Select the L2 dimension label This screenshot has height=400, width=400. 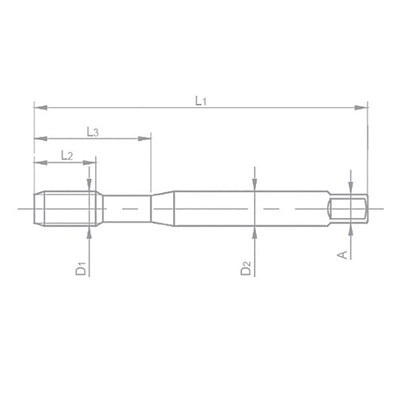click(x=66, y=154)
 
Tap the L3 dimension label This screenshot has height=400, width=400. click(x=92, y=131)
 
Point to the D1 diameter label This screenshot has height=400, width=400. click(x=80, y=267)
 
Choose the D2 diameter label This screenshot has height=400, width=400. click(x=245, y=268)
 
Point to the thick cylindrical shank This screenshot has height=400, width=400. click(x=240, y=207)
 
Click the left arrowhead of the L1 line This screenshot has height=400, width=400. click(x=37, y=103)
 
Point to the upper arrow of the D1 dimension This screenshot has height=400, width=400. click(x=91, y=185)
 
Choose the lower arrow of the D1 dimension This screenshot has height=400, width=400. click(x=91, y=229)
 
